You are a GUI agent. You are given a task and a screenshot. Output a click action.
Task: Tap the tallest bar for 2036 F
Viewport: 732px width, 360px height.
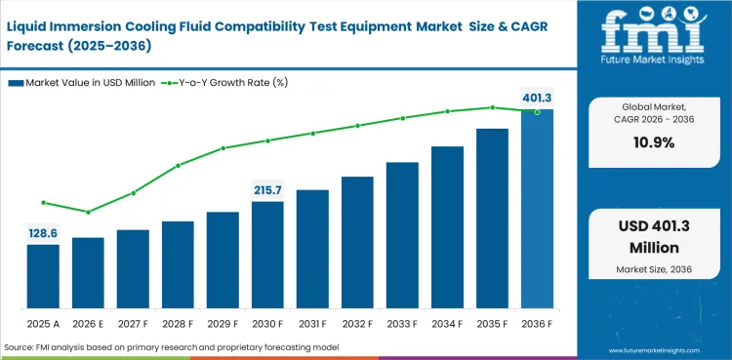(537, 209)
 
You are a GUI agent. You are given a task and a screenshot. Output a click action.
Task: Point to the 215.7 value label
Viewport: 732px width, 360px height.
(267, 189)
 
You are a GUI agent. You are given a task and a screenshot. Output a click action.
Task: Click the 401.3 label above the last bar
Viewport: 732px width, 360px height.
(537, 98)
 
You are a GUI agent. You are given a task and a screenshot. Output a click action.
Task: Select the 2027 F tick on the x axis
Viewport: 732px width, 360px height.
(133, 321)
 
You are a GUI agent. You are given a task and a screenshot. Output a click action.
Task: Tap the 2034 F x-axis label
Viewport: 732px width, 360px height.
(447, 321)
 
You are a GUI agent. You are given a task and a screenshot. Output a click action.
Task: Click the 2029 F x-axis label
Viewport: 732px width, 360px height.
(223, 321)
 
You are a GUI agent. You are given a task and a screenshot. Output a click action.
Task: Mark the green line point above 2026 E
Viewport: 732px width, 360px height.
(88, 212)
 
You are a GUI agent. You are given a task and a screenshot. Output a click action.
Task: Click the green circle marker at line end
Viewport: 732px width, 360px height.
(537, 112)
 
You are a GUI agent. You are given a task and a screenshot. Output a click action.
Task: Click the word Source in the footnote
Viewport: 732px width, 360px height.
(20, 347)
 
